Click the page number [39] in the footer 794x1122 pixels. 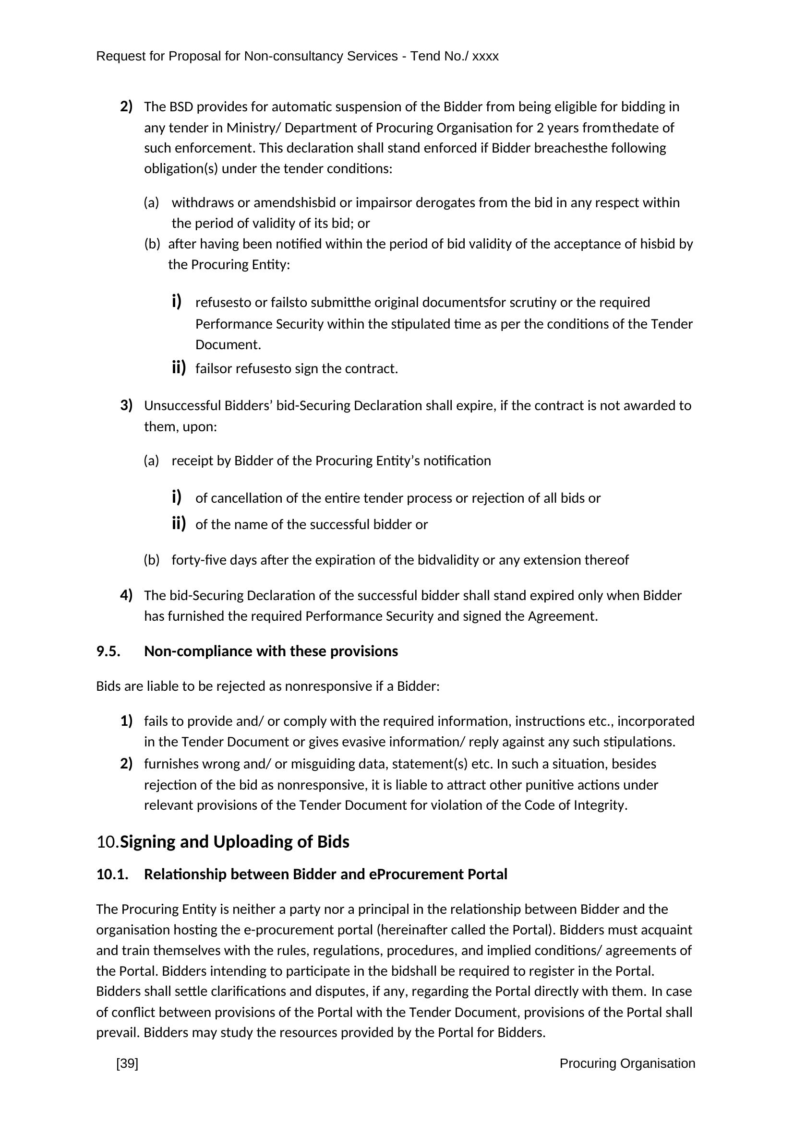[x=127, y=1063]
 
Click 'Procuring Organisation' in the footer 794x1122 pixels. [x=627, y=1063]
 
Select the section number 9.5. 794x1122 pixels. [x=108, y=651]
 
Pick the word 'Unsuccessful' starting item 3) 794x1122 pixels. [x=182, y=406]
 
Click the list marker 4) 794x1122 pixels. [x=126, y=595]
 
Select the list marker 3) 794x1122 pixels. [x=126, y=405]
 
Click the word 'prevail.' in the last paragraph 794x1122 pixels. [x=118, y=1033]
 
